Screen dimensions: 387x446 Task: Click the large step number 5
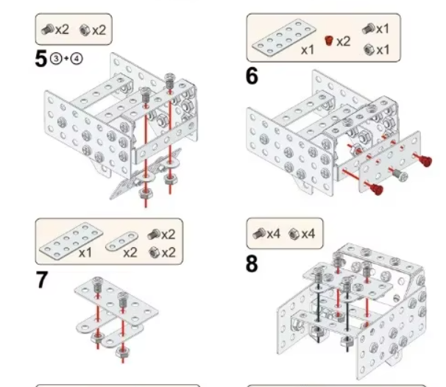[x=41, y=60]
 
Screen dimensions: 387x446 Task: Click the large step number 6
[x=252, y=75]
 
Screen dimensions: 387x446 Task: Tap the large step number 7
[x=43, y=280]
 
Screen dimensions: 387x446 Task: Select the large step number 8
[x=252, y=263]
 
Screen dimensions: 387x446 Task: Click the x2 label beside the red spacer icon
[x=344, y=41]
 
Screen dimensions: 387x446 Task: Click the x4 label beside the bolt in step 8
[x=274, y=233]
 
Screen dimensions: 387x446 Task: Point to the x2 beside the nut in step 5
[x=99, y=30]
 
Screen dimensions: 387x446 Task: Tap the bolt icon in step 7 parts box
[x=154, y=235]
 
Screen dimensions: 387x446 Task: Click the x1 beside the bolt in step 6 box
[x=383, y=29]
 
